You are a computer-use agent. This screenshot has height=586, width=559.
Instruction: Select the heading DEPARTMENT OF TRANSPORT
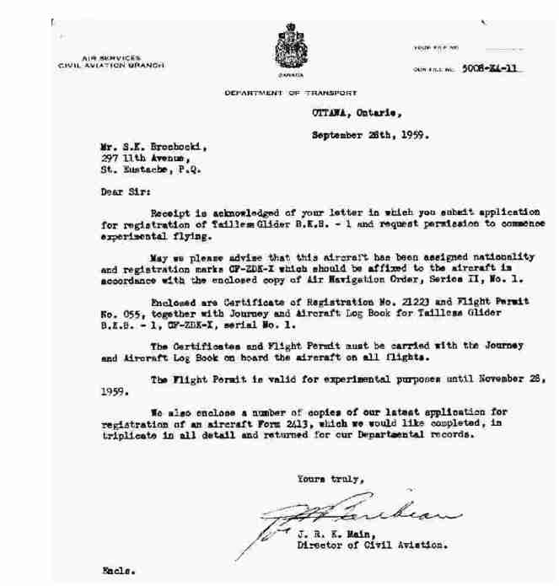pos(291,92)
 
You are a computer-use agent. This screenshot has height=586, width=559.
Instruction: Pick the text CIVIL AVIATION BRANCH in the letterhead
pos(110,64)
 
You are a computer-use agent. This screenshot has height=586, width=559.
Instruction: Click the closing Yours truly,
pos(330,480)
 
